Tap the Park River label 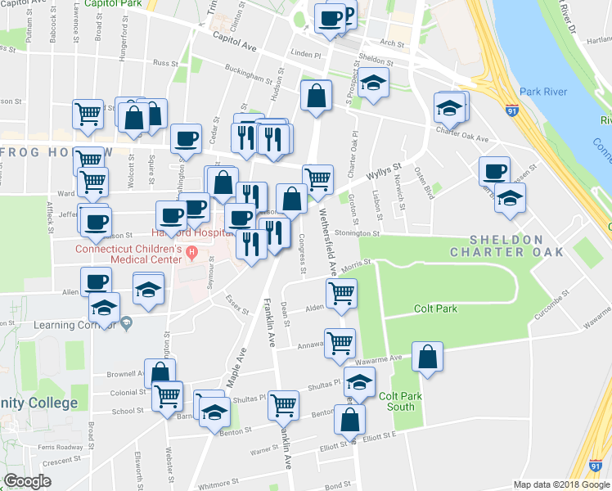[543, 92]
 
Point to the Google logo [27, 481]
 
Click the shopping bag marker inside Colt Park [427, 358]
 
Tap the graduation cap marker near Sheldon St [373, 84]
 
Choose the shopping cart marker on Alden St [340, 293]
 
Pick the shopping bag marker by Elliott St [349, 421]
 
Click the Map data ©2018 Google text [562, 484]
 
